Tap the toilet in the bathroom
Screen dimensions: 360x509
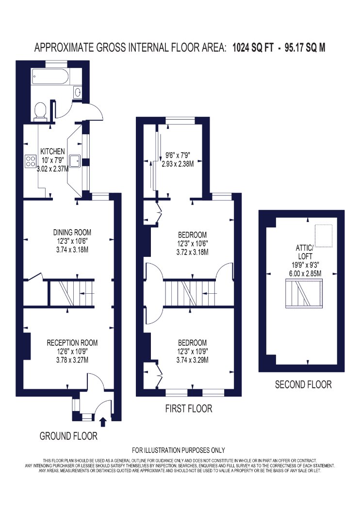click(41, 111)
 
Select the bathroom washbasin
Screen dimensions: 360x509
click(78, 93)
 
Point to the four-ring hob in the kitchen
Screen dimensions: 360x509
click(31, 161)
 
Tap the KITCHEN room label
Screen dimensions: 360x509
click(52, 151)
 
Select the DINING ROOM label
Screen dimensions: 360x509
click(72, 232)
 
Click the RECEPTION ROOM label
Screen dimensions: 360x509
click(72, 343)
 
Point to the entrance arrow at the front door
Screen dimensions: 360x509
click(103, 422)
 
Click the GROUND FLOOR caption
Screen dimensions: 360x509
click(68, 436)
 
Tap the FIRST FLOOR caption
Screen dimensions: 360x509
click(189, 408)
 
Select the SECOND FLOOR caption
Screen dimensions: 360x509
click(303, 385)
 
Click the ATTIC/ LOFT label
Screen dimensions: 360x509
click(305, 252)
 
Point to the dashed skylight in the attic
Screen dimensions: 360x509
click(324, 236)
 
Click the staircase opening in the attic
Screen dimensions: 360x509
click(304, 294)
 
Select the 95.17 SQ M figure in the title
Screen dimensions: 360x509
click(305, 48)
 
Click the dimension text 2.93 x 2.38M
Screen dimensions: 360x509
click(178, 164)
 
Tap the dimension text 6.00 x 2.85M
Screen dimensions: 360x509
click(305, 274)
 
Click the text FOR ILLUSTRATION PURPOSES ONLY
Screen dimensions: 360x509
click(179, 450)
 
